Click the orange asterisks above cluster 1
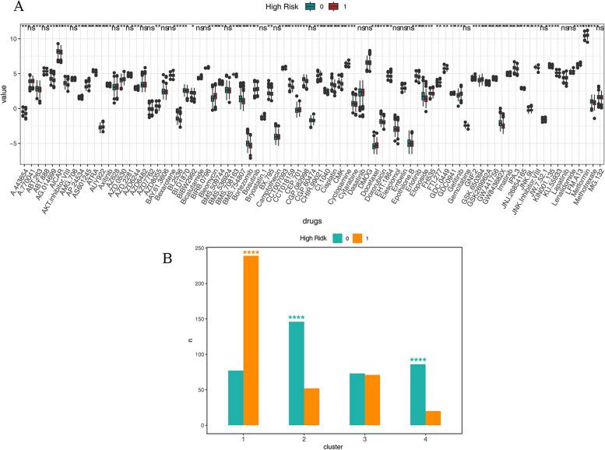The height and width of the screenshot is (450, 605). (251, 252)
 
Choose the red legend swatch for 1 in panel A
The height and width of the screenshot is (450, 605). (333, 7)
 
